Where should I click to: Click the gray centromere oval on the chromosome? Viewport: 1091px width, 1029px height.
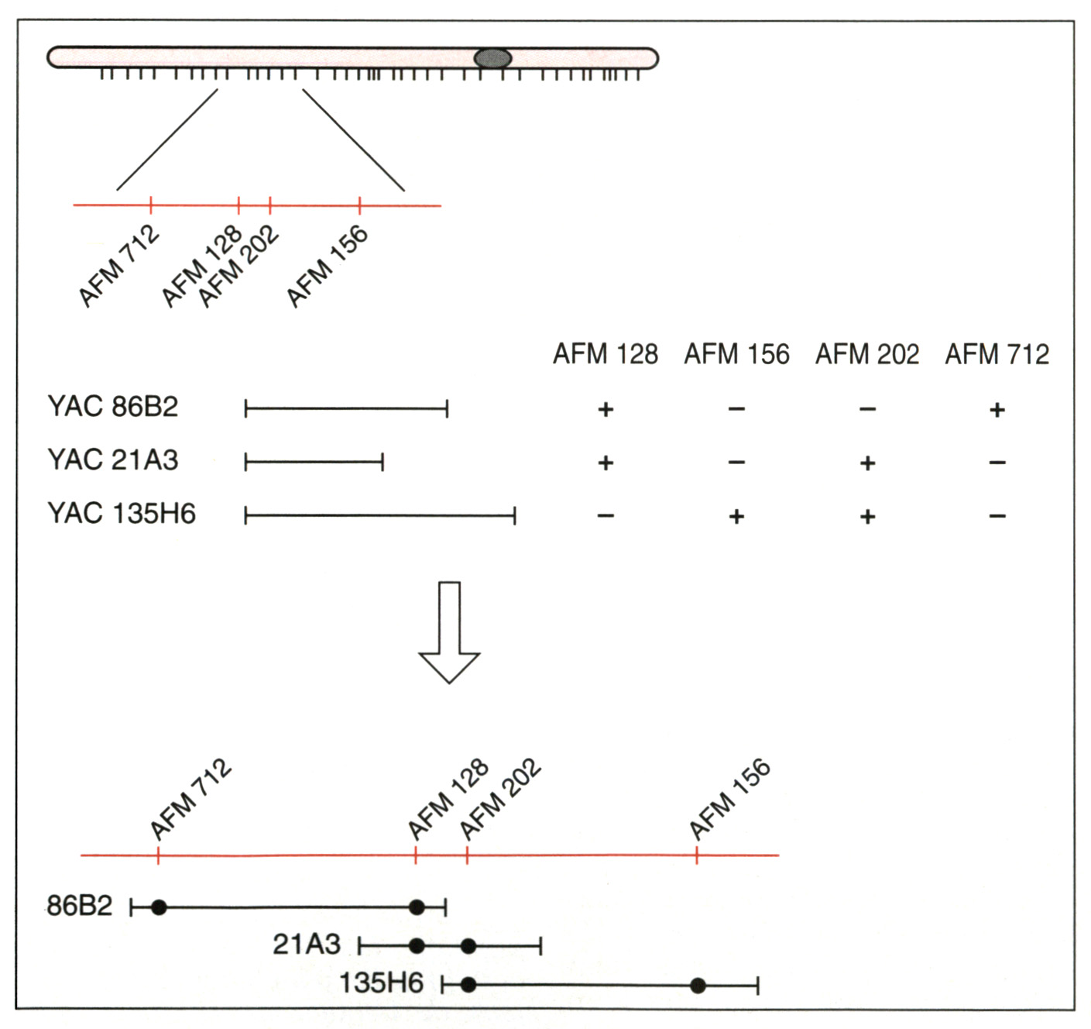point(492,58)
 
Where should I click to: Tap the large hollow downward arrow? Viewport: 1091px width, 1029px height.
point(449,632)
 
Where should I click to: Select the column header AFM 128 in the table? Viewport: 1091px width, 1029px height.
point(605,354)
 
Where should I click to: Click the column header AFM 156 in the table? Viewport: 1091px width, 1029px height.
point(736,354)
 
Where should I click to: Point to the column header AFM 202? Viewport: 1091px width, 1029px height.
point(867,354)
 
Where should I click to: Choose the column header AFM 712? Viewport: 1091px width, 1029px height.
point(997,354)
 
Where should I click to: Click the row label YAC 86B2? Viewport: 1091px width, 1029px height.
point(113,407)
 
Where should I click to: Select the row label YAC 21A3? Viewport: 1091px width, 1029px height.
point(113,460)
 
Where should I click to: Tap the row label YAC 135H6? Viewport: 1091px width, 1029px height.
point(122,514)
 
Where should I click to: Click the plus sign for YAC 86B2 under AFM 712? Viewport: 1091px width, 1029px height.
point(997,410)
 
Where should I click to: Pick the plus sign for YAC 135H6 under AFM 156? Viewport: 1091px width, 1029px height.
point(736,517)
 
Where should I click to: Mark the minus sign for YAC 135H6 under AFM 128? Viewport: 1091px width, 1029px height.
point(606,516)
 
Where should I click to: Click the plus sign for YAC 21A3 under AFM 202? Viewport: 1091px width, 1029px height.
point(867,463)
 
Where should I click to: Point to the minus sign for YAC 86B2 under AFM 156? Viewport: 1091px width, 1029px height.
point(736,409)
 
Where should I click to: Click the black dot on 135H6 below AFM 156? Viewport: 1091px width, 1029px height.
point(698,986)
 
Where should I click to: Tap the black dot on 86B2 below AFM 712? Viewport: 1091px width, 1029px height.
point(159,907)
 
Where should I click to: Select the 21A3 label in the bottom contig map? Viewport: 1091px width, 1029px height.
point(307,945)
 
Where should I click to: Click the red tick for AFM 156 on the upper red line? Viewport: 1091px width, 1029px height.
point(359,205)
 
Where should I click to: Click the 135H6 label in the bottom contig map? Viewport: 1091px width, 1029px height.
point(382,983)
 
